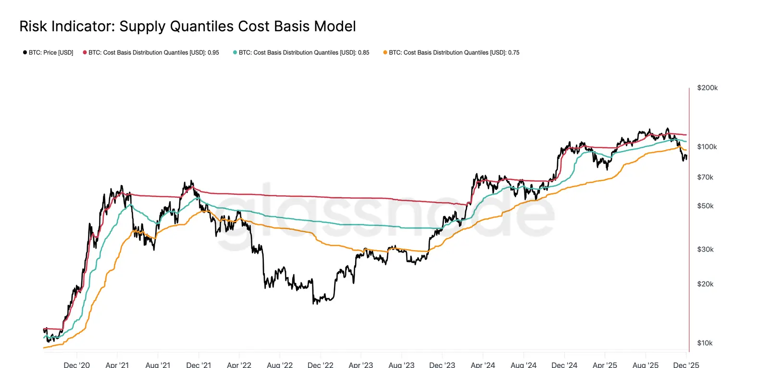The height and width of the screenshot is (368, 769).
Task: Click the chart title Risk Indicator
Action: [187, 26]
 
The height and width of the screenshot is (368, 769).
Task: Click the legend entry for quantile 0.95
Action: [153, 52]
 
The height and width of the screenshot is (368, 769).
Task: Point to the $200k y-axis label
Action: [707, 88]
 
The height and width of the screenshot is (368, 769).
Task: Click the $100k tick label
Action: [707, 147]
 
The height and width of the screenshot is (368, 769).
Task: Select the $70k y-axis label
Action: [705, 178]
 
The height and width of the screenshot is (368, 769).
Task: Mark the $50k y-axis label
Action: [705, 206]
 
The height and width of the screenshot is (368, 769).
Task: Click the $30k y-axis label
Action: [705, 249]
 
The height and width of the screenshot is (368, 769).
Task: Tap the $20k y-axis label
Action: [705, 284]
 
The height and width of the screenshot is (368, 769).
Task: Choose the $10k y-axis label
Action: [705, 343]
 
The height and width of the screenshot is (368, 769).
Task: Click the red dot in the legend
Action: [85, 52]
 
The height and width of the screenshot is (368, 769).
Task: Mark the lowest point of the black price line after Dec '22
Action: [314, 304]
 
